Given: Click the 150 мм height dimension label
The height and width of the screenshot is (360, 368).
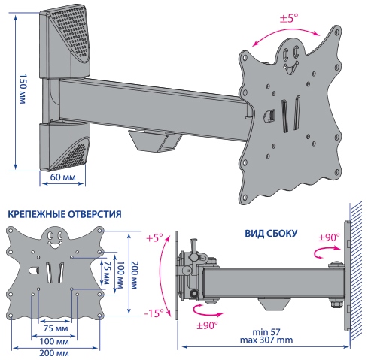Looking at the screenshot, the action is point(23,89).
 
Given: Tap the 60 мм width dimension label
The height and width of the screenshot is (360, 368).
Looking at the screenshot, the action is point(62,177).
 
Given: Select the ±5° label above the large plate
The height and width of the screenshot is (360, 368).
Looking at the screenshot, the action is point(289,18).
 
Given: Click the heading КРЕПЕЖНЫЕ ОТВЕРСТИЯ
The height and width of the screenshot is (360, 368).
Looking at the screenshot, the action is point(65,214).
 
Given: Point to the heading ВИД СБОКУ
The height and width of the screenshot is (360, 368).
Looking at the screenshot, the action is point(271,234).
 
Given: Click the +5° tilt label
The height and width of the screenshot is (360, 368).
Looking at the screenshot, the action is point(154,237).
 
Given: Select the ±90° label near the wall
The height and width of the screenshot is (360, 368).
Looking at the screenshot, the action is point(329,237).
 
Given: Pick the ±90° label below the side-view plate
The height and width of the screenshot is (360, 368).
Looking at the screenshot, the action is point(207,325).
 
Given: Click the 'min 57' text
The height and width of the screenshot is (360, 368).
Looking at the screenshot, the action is point(266,332).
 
